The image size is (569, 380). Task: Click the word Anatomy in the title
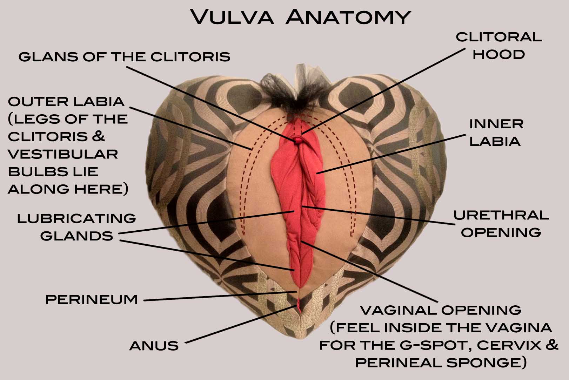348,17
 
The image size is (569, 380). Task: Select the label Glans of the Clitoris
124,56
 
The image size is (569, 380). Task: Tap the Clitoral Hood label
498,46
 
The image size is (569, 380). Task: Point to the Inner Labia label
496,132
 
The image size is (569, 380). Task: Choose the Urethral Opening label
501,224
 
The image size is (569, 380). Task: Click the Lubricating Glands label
76,227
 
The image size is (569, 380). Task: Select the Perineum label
92,299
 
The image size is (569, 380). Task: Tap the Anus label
154,346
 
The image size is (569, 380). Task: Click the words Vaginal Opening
441,310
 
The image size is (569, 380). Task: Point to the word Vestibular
63,154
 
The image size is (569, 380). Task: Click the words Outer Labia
66,101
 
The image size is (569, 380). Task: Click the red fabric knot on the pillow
297,140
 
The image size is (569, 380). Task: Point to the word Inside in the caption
417,327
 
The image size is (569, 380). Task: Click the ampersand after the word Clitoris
99,136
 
